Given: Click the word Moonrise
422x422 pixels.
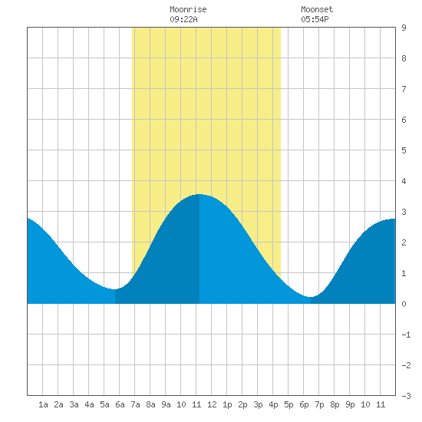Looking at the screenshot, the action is point(188,9).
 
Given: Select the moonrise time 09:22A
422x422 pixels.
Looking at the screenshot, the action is point(183,19).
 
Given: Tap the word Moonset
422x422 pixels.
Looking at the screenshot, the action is point(317,9).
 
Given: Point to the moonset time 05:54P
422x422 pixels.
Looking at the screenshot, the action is point(315,19).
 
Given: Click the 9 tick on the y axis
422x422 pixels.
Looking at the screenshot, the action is point(404,28).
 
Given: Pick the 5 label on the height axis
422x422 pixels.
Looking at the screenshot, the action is point(404,150).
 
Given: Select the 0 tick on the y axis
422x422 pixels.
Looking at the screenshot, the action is point(404,304).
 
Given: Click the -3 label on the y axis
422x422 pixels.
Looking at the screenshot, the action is point(406,396).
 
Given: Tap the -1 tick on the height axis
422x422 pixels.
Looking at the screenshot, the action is point(406,335).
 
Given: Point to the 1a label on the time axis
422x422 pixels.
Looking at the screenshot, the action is point(43,404).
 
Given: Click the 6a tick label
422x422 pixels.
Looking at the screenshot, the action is point(120,404).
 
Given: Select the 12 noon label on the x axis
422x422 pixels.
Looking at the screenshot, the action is point(212,404).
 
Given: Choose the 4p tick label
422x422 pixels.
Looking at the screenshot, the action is point(273,404).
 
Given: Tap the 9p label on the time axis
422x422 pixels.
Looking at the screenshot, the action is point(350,404).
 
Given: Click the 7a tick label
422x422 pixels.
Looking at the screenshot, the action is point(135,404).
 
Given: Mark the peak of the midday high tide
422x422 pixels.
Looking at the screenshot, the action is point(199,194).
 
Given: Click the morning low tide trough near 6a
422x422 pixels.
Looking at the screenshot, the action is point(115,289).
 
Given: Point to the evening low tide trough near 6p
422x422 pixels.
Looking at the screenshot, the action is point(311,297).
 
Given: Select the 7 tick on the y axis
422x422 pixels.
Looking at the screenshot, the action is point(404,89).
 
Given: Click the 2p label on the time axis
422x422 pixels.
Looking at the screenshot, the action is point(242,404).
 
